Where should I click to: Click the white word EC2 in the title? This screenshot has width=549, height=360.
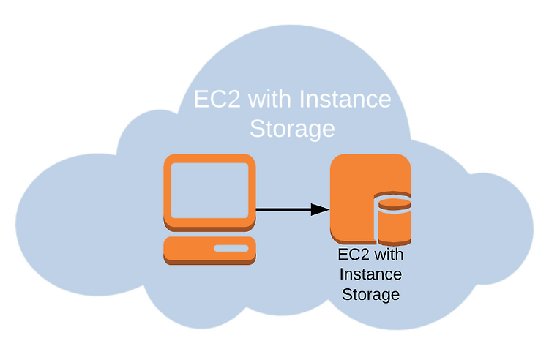(217, 99)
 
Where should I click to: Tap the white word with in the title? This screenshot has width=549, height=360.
(269, 99)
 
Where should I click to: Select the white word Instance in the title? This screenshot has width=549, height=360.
(345, 99)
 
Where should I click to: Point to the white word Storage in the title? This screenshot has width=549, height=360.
(292, 129)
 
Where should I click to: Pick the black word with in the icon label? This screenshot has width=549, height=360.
(389, 255)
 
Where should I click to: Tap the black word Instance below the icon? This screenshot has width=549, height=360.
(370, 274)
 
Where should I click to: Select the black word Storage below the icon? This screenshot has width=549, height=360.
(370, 295)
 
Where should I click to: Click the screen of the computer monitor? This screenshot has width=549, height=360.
(209, 190)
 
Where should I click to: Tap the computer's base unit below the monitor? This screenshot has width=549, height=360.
(209, 250)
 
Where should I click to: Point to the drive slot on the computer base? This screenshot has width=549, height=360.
(231, 248)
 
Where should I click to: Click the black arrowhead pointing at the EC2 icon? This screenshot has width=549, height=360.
(320, 209)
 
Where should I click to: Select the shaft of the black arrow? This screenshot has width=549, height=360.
(283, 209)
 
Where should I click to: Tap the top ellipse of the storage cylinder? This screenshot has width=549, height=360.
(395, 203)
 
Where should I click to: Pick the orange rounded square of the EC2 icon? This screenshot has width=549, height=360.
(354, 196)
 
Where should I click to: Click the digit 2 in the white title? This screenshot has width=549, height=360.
(232, 99)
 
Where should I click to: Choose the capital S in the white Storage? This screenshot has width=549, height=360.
(258, 128)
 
